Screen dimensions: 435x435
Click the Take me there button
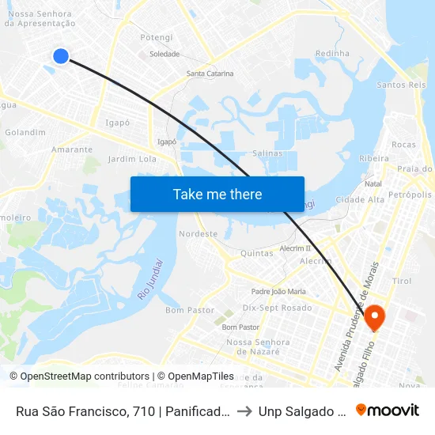click(x=217, y=194)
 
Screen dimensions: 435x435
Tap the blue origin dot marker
click(x=61, y=55)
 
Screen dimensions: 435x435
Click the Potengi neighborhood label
click(x=156, y=37)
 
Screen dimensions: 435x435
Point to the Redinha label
click(x=332, y=54)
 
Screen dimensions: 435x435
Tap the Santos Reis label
click(x=402, y=85)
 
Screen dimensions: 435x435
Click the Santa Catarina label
click(x=210, y=74)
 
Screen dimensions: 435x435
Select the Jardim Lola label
click(x=132, y=159)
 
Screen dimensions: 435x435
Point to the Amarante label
click(x=72, y=149)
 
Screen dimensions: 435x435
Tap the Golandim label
click(x=25, y=132)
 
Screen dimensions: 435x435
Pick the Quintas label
click(x=256, y=253)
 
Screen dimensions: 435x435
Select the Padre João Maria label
click(x=278, y=291)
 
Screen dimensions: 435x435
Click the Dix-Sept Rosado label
click(x=277, y=308)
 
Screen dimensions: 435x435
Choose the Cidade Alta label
click(x=360, y=199)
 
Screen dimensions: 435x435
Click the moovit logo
click(x=388, y=410)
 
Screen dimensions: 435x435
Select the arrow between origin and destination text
click(x=248, y=410)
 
